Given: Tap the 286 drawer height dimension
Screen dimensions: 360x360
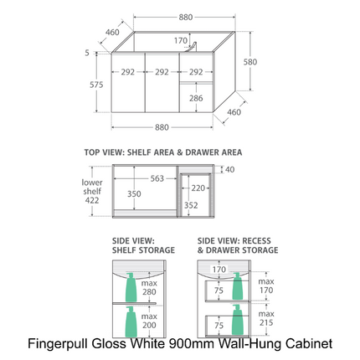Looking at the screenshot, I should (194, 98).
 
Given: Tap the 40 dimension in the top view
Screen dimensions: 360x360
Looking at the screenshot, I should (229, 169).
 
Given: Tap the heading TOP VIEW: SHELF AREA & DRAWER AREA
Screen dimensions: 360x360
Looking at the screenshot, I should (162, 152).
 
